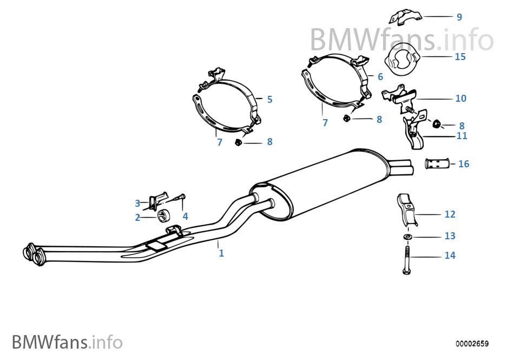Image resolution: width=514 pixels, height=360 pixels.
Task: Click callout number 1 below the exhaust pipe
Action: (x=221, y=253)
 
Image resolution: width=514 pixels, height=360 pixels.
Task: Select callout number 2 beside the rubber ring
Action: (x=137, y=218)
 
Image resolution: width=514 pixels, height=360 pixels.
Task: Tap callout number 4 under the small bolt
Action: (x=185, y=216)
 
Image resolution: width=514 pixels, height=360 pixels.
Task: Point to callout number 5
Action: (x=269, y=99)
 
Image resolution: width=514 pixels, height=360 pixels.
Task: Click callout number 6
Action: (x=380, y=77)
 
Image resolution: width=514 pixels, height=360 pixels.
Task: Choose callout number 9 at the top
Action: (x=459, y=17)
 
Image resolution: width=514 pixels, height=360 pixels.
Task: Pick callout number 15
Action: (x=460, y=56)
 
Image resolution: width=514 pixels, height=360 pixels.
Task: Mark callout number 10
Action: (x=460, y=99)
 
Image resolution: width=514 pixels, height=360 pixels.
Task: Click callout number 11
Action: (x=462, y=136)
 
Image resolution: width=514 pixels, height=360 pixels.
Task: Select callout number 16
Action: (x=464, y=163)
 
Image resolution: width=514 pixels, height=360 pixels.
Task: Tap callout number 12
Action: (x=450, y=214)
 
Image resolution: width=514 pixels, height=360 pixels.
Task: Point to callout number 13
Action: (x=450, y=236)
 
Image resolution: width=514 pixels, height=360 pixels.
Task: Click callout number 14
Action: (x=450, y=256)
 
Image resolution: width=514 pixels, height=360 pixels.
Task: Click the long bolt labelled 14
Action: (x=407, y=259)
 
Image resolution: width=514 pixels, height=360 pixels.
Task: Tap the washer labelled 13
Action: (x=407, y=237)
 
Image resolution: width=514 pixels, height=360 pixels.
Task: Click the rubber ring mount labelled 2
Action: (x=162, y=217)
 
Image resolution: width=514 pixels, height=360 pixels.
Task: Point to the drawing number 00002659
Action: (x=472, y=344)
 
